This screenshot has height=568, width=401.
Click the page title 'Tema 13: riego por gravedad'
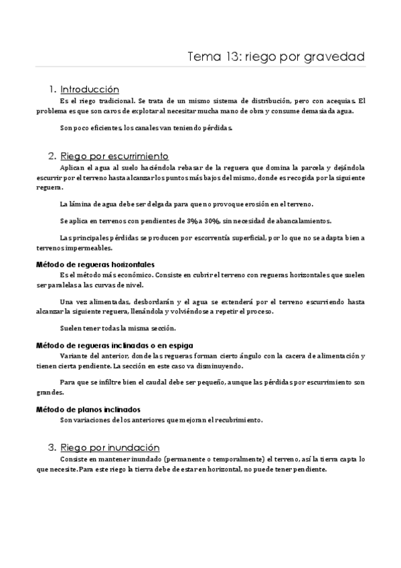(x=276, y=57)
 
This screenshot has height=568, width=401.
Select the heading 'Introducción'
(x=89, y=89)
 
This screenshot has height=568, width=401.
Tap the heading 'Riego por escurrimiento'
(x=114, y=155)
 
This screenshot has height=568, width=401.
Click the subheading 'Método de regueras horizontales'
(x=95, y=264)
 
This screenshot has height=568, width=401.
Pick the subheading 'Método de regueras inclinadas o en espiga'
(x=114, y=345)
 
